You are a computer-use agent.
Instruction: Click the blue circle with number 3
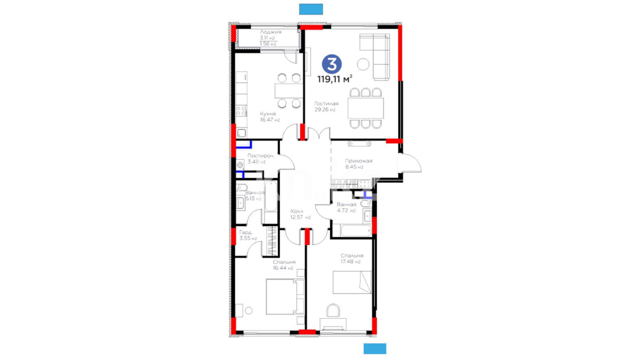[332, 64]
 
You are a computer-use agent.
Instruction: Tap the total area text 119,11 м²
[335, 79]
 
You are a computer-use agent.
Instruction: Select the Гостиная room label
[326, 104]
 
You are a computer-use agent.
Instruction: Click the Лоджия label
[271, 32]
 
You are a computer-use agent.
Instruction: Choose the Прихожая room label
[359, 161]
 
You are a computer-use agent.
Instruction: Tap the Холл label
[297, 211]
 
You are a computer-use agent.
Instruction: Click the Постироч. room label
[261, 156]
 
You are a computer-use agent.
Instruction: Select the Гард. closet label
[246, 232]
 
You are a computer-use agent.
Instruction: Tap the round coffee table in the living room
[363, 64]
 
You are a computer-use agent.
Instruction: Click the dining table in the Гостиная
[366, 107]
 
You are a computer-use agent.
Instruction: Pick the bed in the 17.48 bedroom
[352, 282]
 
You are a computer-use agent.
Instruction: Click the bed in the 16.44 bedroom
[285, 297]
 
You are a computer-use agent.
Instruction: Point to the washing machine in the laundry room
[240, 165]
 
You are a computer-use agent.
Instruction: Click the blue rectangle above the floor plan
[311, 9]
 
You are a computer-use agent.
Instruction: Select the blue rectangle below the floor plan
[375, 349]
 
